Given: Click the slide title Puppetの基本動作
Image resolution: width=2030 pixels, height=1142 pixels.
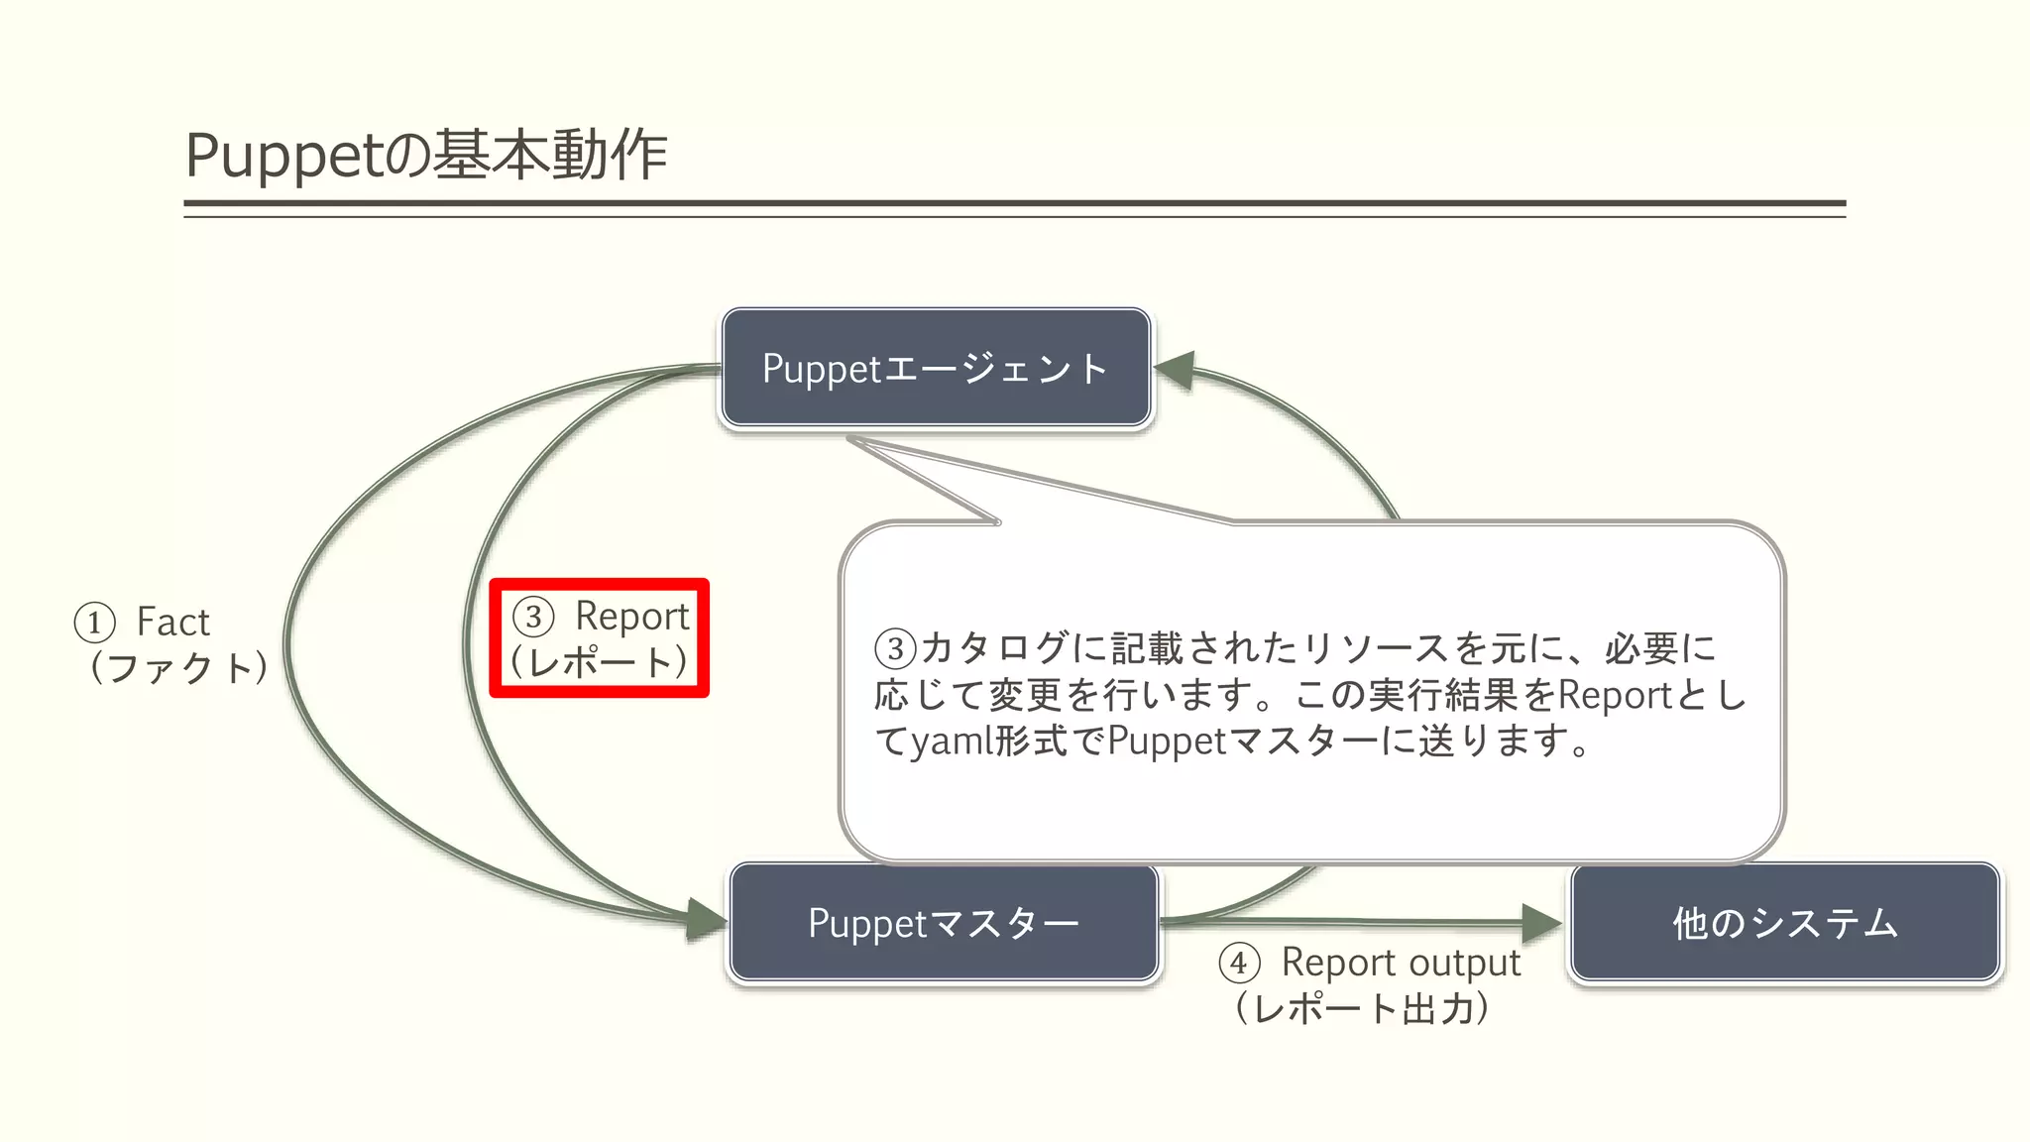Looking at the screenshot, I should click(x=426, y=155).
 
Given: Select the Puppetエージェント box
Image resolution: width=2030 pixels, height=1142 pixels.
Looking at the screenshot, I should click(x=936, y=368).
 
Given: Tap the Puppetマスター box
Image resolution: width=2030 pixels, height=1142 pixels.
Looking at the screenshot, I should click(x=944, y=923).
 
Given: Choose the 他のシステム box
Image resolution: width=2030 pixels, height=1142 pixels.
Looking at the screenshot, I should click(x=1784, y=923).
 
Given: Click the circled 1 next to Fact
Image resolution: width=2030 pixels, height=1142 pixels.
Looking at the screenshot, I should click(x=94, y=624).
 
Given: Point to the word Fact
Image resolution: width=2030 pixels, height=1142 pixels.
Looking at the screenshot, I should click(x=173, y=623).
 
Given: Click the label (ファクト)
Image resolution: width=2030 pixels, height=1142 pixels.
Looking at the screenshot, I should click(x=178, y=667).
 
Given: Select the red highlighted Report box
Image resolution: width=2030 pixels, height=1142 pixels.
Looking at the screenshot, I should click(x=600, y=638).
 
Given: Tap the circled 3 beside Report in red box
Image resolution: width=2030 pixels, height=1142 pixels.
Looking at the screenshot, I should click(x=533, y=617).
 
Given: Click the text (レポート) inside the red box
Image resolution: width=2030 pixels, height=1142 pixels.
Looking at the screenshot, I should click(x=600, y=662).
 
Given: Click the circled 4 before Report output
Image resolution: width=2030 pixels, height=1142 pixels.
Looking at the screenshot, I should click(x=1239, y=963).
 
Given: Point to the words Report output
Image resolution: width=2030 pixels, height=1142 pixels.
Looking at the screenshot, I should click(x=1401, y=962).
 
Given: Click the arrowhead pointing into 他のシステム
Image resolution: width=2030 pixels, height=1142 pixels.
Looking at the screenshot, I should click(x=1541, y=923).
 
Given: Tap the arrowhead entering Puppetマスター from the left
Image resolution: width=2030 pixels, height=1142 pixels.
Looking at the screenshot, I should click(x=707, y=919).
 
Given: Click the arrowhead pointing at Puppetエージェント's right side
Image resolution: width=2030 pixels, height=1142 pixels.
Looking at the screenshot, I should click(x=1176, y=370).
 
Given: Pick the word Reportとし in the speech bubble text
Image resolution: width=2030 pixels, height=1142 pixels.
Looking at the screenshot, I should click(x=1650, y=695).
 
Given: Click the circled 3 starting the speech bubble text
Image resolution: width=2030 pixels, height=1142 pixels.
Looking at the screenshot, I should click(x=895, y=649).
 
